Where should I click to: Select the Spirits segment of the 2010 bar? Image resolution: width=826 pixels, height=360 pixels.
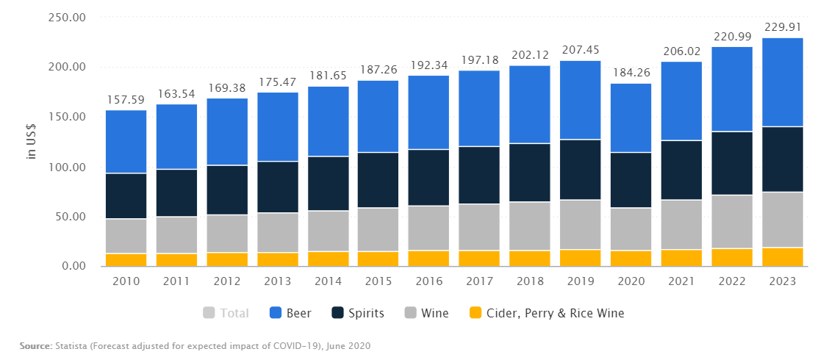click(126, 196)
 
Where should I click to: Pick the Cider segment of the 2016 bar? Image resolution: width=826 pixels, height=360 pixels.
click(428, 258)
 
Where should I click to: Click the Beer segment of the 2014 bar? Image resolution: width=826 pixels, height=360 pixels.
click(328, 121)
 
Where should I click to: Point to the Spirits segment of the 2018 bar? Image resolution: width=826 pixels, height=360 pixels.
click(530, 173)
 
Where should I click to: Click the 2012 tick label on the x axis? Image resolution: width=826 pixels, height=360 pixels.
click(227, 281)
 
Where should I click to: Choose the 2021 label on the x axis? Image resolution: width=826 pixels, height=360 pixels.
click(681, 281)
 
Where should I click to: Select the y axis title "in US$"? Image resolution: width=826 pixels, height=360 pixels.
click(31, 143)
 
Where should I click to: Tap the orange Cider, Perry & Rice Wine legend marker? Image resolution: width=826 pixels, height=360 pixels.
click(475, 314)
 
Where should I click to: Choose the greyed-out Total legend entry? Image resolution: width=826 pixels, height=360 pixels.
click(226, 314)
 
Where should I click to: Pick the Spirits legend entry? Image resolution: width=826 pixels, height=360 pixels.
click(358, 314)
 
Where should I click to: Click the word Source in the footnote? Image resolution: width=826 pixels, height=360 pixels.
click(35, 345)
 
